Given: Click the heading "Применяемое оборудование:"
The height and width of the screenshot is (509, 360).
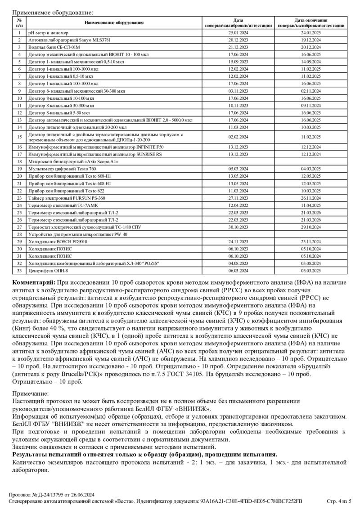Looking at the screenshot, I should tap(53, 12).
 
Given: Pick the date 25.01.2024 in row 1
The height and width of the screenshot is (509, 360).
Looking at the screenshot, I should tap(238, 33).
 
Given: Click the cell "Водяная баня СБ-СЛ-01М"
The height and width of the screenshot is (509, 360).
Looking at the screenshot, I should tap(54, 47).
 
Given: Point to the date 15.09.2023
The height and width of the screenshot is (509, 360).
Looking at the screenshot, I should tap(238, 62).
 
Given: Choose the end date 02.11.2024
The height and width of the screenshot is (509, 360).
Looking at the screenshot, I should tap(311, 90).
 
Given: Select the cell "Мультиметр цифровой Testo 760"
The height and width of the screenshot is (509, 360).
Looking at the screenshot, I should tap(62, 168).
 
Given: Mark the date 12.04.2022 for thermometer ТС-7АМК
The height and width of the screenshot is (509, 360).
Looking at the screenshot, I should tap(238, 205).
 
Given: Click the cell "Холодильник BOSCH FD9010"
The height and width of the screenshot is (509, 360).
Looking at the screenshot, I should tap(58, 241).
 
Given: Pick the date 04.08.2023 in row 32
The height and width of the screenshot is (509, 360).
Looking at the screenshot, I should tap(238, 263).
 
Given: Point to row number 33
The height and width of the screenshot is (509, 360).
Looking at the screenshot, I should tap(19, 271).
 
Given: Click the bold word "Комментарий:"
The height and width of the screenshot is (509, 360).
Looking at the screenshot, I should tap(34, 282).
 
